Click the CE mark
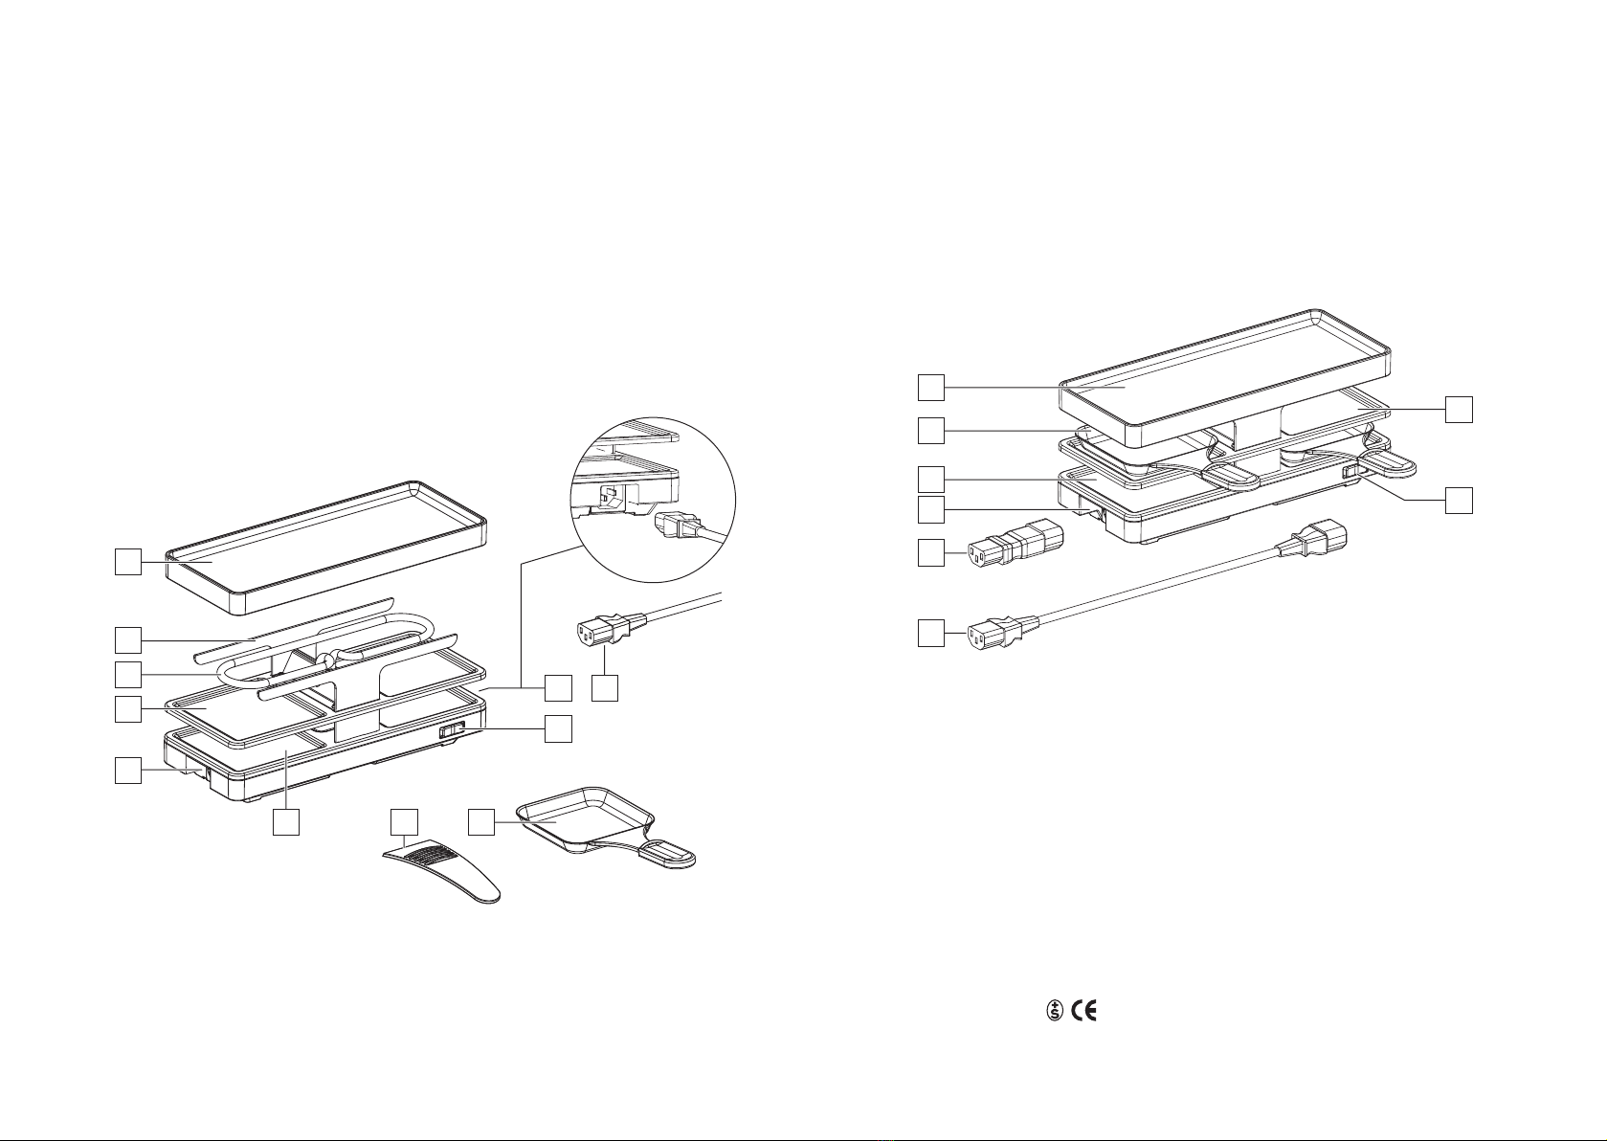tap(1084, 1011)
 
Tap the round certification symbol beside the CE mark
tap(1054, 1011)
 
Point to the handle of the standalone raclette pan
tap(666, 853)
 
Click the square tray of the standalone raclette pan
tap(585, 817)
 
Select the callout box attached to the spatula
tap(404, 822)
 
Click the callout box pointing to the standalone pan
tap(482, 822)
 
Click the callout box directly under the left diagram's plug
tap(605, 687)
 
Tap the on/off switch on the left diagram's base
tap(452, 730)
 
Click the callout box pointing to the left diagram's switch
tap(558, 728)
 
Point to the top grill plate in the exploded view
tap(326, 548)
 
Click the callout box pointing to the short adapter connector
tap(931, 553)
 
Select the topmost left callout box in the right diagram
tap(931, 387)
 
